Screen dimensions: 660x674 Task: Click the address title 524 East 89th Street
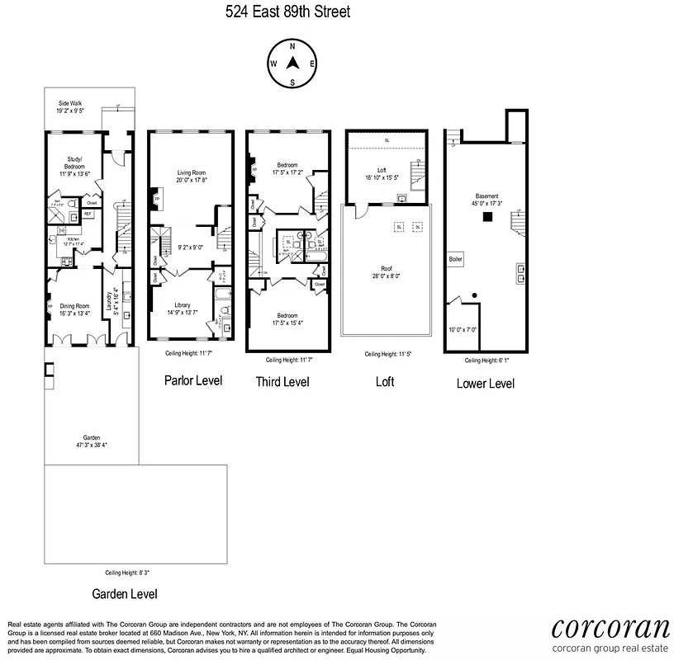287,12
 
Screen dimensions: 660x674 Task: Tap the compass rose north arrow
292,64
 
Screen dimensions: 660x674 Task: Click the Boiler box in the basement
456,259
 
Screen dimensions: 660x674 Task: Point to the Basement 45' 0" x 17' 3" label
487,200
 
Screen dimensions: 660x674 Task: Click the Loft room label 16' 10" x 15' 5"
382,174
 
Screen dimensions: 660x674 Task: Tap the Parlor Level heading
193,380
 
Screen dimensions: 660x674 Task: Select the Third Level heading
283,382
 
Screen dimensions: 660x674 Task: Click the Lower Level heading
486,383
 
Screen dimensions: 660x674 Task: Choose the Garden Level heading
125,593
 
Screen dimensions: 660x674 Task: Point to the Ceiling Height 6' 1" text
486,361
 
